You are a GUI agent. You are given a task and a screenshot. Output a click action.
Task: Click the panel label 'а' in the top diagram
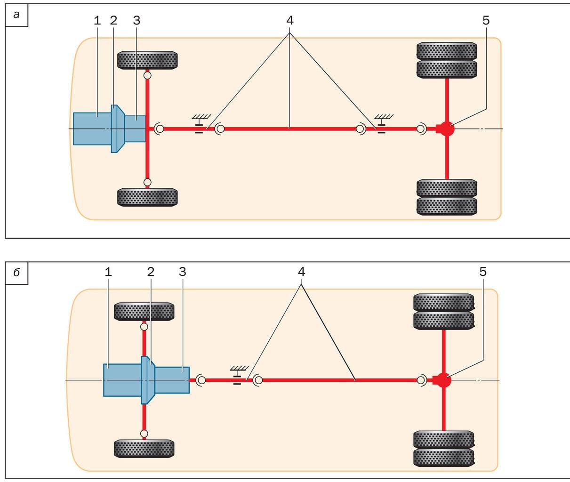click(x=16, y=15)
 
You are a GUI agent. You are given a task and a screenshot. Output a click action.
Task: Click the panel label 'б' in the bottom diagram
click(x=16, y=273)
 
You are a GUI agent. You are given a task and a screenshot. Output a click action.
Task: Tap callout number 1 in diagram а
click(x=97, y=20)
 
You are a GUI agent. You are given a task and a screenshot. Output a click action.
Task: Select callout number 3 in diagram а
click(x=136, y=20)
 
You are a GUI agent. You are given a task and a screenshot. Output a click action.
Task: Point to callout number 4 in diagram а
click(x=289, y=20)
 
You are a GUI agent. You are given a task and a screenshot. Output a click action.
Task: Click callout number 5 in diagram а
click(x=486, y=20)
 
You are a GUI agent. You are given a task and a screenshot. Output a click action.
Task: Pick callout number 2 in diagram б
click(x=151, y=272)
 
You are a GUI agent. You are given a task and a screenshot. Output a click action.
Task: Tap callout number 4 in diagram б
click(x=301, y=272)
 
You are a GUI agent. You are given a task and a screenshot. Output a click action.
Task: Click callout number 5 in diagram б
click(x=483, y=272)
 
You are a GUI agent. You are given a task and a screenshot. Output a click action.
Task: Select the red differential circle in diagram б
click(x=443, y=379)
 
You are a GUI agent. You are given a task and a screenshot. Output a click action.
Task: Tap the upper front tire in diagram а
click(x=147, y=60)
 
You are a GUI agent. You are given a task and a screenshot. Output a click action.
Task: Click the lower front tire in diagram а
click(x=147, y=197)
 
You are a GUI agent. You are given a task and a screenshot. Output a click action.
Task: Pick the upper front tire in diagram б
click(x=144, y=311)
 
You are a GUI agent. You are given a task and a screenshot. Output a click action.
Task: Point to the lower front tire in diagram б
click(x=144, y=448)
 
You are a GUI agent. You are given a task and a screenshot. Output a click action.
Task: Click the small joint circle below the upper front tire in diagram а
click(x=147, y=75)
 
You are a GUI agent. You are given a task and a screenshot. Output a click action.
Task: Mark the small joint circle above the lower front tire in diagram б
click(x=144, y=433)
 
